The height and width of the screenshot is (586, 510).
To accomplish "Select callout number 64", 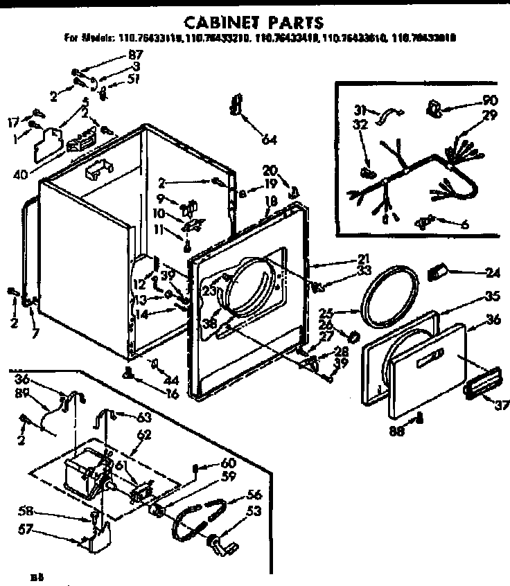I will [269, 141].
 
